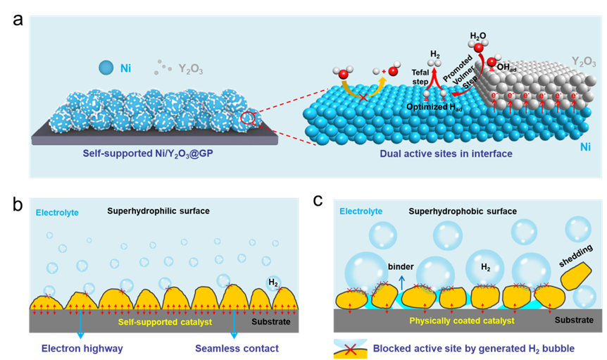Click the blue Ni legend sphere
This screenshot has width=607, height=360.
tap(106, 68)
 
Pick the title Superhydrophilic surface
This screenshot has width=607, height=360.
tap(158, 211)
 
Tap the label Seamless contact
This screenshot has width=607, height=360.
tap(237, 348)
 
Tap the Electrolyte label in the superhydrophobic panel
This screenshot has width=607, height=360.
tap(361, 211)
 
